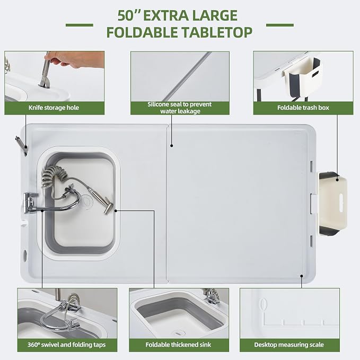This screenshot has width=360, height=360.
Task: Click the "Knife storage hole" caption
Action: (x=54, y=108)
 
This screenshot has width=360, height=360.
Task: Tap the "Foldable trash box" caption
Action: (x=303, y=108)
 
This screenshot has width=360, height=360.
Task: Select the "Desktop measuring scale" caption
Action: (x=289, y=345)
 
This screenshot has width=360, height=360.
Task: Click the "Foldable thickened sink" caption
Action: (x=178, y=345)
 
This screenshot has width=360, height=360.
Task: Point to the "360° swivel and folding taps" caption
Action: (x=67, y=345)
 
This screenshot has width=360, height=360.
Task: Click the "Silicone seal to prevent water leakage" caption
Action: (x=180, y=108)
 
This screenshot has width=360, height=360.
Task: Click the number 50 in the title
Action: (x=126, y=15)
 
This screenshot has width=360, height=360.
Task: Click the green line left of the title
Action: (x=80, y=25)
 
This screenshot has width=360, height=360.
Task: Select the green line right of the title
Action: (x=280, y=25)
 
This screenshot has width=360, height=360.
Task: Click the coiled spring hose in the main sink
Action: (x=53, y=177)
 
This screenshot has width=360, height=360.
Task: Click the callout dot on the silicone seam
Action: (x=171, y=146)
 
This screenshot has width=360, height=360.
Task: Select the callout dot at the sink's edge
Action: (x=116, y=210)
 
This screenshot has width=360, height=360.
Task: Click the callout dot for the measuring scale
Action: (x=302, y=276)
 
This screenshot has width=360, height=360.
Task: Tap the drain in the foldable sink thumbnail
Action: (x=178, y=332)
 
